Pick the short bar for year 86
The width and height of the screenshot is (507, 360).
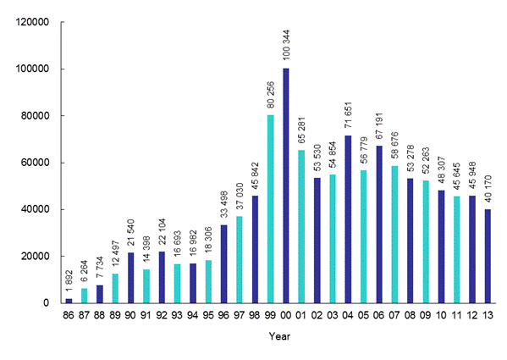(x=69, y=300)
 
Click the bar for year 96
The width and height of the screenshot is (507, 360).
(x=223, y=263)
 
